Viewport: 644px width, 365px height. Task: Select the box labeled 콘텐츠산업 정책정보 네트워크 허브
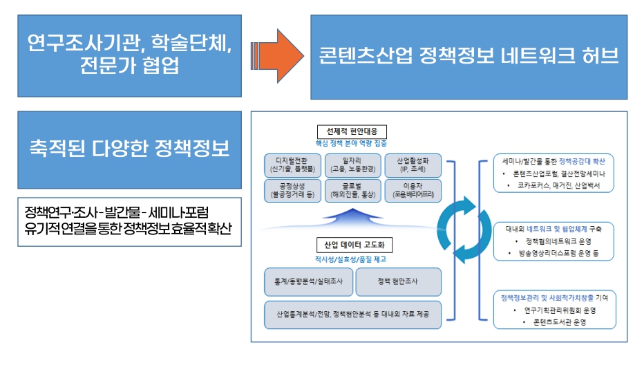point(468,55)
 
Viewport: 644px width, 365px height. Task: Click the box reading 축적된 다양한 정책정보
point(129,149)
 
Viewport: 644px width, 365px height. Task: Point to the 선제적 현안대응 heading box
point(352,131)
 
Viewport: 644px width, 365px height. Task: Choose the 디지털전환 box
point(293,165)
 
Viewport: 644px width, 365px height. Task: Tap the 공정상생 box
point(293,190)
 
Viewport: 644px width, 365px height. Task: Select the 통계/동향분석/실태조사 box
point(307,282)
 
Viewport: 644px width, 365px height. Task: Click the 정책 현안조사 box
point(397,282)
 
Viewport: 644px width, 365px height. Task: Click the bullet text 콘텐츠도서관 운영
point(555,322)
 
